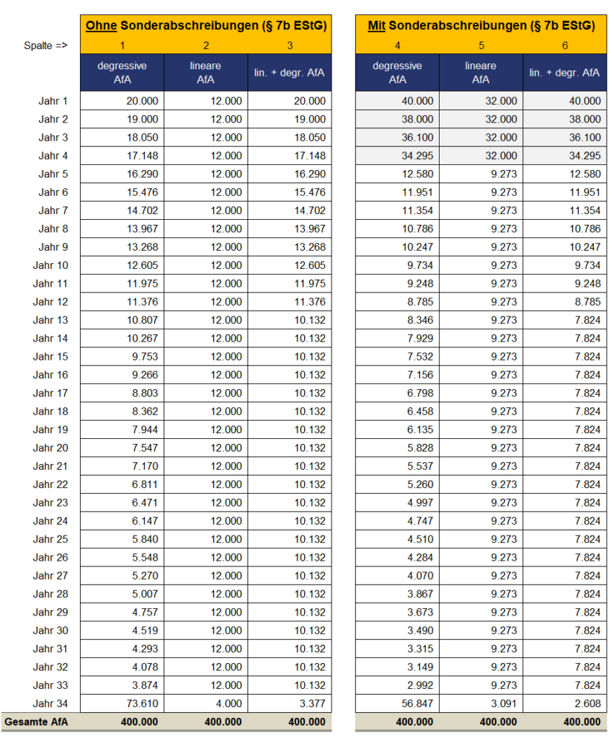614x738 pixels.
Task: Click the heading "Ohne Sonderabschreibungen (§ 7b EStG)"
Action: point(206,26)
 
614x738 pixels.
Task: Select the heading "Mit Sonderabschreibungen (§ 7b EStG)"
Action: point(481,26)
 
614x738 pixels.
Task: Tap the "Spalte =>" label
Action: point(45,45)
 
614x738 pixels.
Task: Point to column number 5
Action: point(481,45)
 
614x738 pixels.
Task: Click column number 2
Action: point(206,45)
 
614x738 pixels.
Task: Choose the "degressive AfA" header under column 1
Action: point(122,72)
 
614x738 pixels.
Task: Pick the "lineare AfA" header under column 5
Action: point(481,72)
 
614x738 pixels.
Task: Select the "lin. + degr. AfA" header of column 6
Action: point(564,72)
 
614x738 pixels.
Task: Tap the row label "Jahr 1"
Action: point(53,101)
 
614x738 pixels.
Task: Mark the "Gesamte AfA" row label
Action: point(36,721)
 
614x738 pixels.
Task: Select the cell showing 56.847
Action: point(417,703)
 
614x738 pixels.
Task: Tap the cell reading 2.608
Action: point(585,703)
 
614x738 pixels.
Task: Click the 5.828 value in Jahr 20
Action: point(417,448)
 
